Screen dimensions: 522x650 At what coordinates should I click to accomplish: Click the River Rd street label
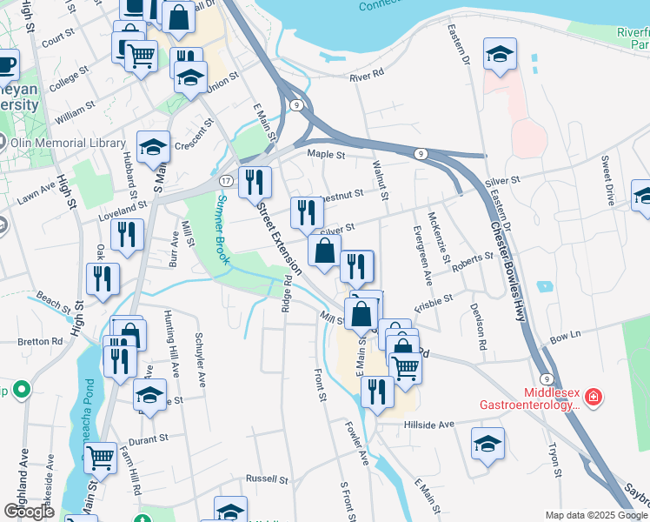(366, 76)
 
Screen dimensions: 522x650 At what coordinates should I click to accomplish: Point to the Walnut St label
(377, 173)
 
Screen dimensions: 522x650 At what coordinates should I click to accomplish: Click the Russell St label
(267, 478)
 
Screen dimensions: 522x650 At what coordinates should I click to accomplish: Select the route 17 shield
(225, 180)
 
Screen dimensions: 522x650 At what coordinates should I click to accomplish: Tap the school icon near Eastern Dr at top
(500, 55)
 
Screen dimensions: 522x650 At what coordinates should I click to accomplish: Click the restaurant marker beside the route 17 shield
(255, 182)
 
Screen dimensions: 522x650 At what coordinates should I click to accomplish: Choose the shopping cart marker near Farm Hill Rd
(101, 456)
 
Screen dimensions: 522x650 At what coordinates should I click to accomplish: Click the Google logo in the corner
(29, 511)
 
